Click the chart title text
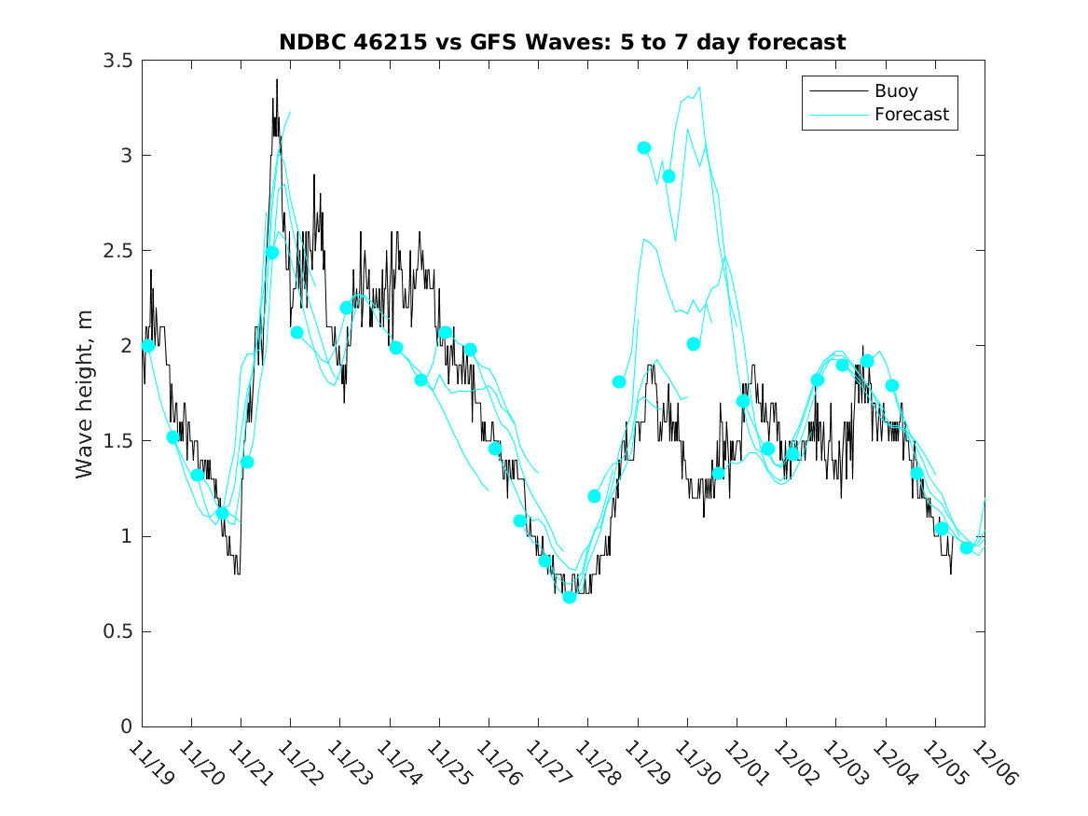coord(562,42)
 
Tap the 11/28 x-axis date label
coord(596,764)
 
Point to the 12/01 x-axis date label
coord(744,764)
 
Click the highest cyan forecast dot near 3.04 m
coord(644,148)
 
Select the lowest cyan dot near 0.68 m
coord(570,597)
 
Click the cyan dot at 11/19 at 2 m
coord(148,346)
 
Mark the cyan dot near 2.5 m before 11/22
coord(272,253)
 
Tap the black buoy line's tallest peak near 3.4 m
coord(277,81)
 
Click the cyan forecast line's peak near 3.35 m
coord(699,88)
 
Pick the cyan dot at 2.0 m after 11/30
coord(694,344)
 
